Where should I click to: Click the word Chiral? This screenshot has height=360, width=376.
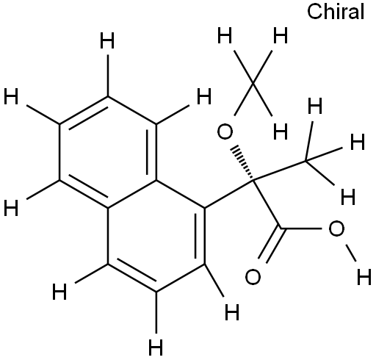[x=336, y=12]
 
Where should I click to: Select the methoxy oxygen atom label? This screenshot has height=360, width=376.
[x=225, y=132]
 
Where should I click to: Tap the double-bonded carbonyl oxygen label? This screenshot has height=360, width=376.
[x=253, y=277]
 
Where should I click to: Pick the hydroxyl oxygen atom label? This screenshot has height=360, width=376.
[x=336, y=228]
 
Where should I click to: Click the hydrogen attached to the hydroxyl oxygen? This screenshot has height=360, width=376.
[x=364, y=277]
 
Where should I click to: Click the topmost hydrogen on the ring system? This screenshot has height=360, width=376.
[x=107, y=41]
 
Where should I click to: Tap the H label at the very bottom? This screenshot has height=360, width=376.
[x=156, y=347]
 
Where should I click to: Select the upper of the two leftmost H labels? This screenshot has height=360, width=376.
[x=11, y=97]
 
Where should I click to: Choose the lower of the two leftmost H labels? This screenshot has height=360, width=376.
[x=11, y=208]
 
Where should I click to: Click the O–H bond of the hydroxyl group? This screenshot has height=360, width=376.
[x=350, y=253]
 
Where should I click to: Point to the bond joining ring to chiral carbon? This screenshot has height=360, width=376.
[x=229, y=195]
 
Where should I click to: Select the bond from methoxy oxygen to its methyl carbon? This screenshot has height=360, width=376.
[x=244, y=99]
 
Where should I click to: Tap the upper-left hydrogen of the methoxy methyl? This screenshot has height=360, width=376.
[x=225, y=36]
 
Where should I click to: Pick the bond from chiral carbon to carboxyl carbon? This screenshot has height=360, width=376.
[x=267, y=205]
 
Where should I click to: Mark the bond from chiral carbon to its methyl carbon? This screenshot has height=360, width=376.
[x=280, y=170]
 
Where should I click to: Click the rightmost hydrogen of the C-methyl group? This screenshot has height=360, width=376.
[x=358, y=142]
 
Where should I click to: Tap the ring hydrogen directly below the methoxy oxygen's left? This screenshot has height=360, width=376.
[x=232, y=312]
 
